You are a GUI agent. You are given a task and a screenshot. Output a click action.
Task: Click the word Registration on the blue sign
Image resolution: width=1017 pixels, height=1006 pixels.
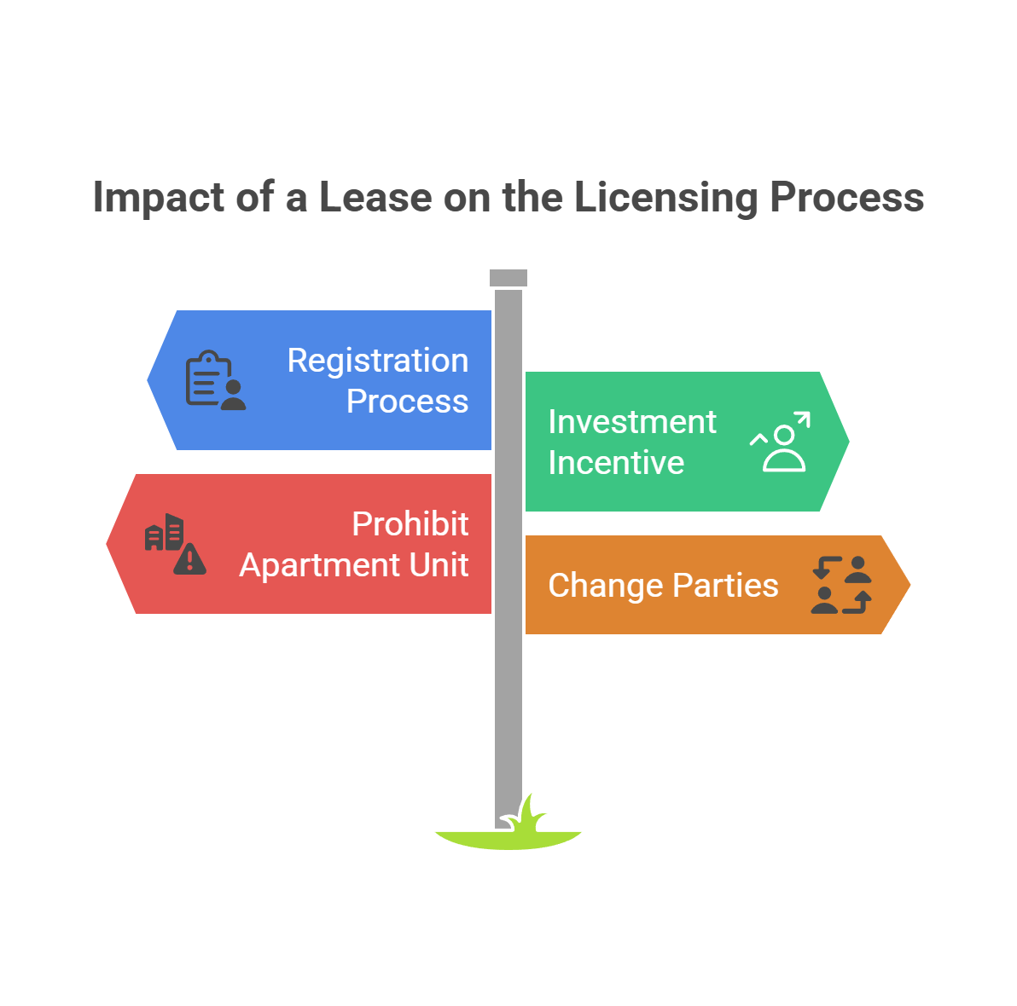377,361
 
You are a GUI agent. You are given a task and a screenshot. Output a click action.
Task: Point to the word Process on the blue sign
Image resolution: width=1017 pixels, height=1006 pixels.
407,402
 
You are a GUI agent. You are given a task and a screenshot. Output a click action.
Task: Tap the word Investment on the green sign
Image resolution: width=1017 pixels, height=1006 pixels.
631,422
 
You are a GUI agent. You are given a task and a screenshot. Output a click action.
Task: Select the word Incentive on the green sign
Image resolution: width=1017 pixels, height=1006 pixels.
616,463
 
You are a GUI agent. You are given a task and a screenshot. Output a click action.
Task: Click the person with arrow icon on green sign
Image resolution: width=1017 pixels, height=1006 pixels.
781,442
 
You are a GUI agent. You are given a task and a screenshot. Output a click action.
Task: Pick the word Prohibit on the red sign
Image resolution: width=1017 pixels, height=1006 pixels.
410,524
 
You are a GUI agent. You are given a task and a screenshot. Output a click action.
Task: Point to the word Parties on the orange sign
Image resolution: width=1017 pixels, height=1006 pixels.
725,586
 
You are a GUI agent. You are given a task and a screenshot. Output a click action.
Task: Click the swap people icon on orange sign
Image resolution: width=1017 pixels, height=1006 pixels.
841,585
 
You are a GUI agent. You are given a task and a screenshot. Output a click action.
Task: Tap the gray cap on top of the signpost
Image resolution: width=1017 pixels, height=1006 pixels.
508,278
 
